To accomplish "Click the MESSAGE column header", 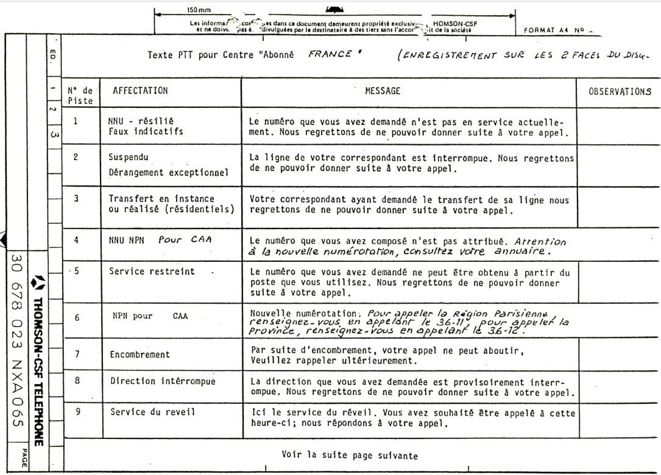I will [382, 91].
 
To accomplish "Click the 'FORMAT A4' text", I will [542, 28].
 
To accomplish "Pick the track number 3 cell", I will [77, 199].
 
